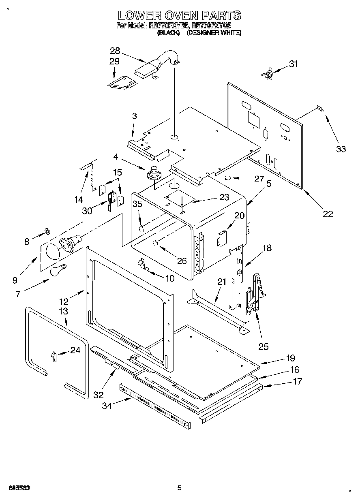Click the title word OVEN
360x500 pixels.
tap(179, 16)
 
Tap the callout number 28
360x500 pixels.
tap(115, 51)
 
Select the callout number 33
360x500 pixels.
tap(341, 149)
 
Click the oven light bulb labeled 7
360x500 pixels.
tap(58, 270)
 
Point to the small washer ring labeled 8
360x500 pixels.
tap(47, 231)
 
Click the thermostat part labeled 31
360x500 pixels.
tap(268, 75)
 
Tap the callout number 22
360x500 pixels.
tap(328, 214)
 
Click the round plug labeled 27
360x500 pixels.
tap(228, 177)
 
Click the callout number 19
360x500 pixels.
tap(290, 358)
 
